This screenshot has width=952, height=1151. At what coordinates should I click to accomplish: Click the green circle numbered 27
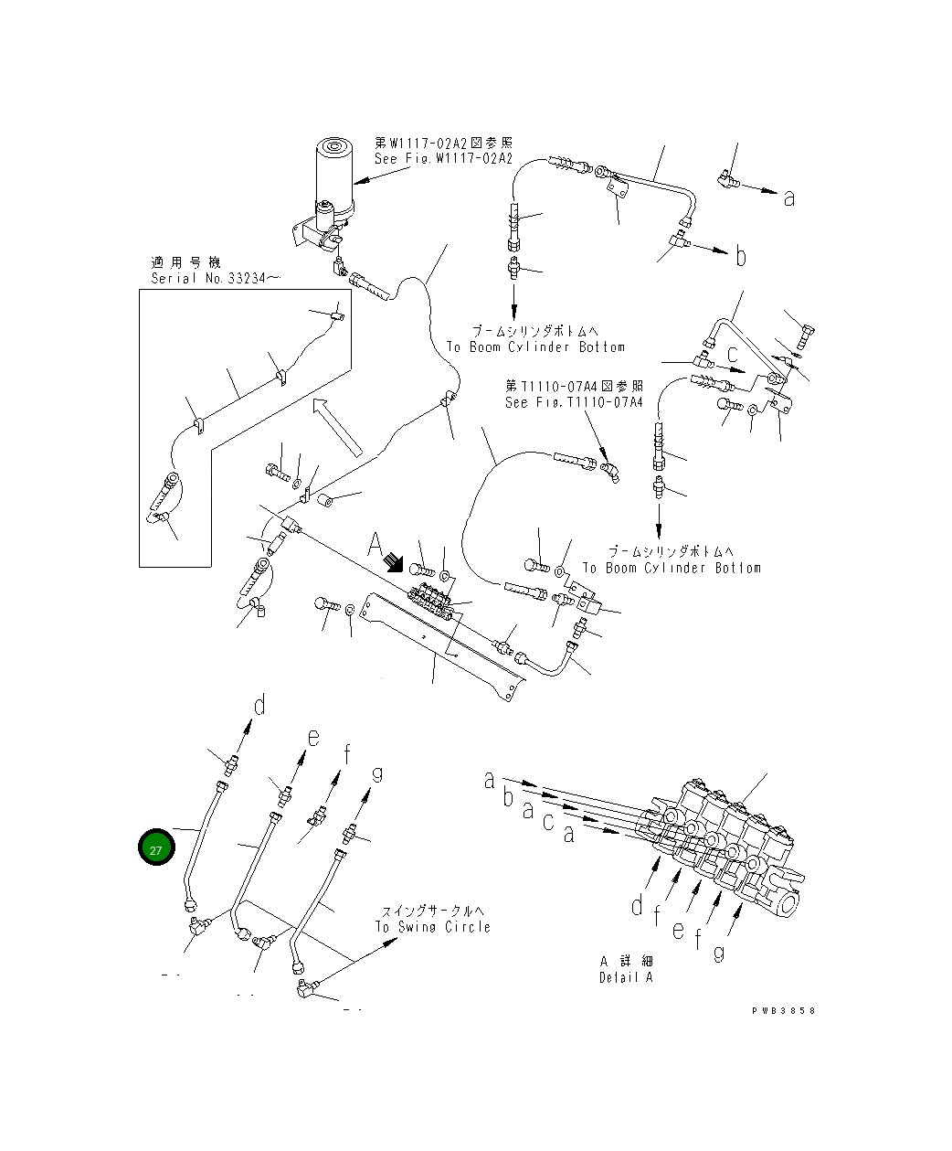pos(156,849)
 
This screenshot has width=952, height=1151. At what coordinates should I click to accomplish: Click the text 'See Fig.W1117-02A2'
pos(443,158)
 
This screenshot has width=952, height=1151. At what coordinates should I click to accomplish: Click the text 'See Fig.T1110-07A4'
pos(574,402)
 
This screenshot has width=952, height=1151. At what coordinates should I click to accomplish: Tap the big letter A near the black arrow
pos(376,547)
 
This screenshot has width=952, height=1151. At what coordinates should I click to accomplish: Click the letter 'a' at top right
pos(789,197)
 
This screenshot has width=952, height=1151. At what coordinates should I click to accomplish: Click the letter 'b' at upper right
pos(741,257)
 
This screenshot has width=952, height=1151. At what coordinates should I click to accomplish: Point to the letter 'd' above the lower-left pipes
pos(259,705)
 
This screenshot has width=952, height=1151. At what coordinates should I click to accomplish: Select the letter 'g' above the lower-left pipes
pos(376,774)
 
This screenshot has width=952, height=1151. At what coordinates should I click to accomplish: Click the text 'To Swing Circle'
pos(432,927)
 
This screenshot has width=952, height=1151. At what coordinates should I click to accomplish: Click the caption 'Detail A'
pos(626,977)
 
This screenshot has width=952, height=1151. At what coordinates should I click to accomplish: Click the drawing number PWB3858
pos(783,1010)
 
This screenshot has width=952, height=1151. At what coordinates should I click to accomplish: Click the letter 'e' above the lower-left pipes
pos(312,738)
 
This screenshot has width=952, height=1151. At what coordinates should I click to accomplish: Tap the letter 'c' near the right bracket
pos(733,352)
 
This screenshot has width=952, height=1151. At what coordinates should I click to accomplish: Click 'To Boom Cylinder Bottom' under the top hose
pos(535,347)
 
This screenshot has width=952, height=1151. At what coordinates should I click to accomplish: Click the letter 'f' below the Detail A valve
pos(698,938)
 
